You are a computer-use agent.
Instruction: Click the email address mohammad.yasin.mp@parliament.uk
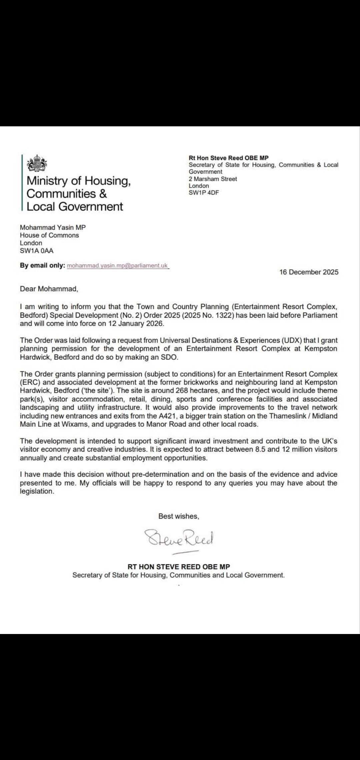[x=117, y=266]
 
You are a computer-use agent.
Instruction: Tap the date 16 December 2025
[x=309, y=272]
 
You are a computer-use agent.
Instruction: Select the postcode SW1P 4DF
[x=204, y=193]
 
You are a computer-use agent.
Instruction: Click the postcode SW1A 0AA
[x=36, y=251]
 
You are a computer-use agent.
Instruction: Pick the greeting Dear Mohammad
[x=49, y=289]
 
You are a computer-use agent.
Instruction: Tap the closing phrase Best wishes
[x=179, y=516]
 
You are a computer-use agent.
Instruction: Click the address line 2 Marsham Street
[x=213, y=179]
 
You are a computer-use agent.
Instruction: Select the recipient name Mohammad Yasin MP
[x=53, y=227]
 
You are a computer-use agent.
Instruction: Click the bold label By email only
[x=42, y=266]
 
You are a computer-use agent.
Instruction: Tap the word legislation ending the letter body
[x=36, y=491]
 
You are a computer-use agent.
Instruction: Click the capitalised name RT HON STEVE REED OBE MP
[x=179, y=567]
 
